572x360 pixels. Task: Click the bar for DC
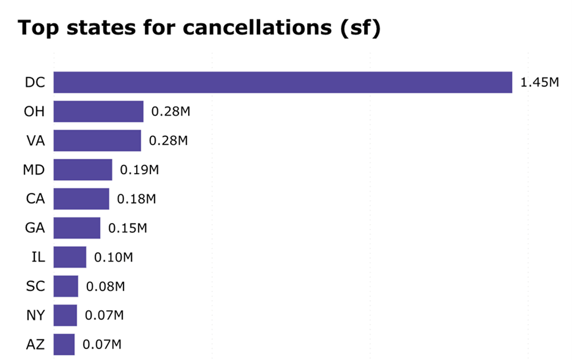point(283,82)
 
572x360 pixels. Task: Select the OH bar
point(98,112)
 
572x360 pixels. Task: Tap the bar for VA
point(97,141)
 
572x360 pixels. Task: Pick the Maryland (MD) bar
point(83,170)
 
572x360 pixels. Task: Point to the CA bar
point(81,199)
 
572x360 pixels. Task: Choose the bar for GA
point(77,228)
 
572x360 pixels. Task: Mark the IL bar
point(70,257)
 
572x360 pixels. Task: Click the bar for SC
point(66,286)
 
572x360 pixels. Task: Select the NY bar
point(65,315)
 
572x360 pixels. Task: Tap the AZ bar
point(64,345)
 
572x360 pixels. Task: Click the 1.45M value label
point(539,83)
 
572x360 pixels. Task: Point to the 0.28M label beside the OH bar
point(170,112)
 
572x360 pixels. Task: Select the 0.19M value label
point(139,170)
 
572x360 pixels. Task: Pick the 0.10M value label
point(113,257)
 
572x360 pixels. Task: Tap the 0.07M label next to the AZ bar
point(102,345)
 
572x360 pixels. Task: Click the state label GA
point(35,228)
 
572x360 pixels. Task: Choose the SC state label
point(35,286)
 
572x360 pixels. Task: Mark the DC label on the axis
point(35,82)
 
